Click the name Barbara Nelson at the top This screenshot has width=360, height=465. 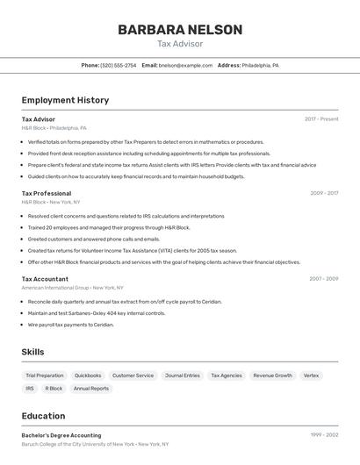point(180,30)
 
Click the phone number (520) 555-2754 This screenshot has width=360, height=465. point(118,65)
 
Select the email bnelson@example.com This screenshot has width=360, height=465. point(185,65)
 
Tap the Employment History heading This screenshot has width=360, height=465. point(65,100)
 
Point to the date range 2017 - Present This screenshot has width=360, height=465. point(321,119)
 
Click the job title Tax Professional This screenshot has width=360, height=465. point(47,193)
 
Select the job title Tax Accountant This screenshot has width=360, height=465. point(45,279)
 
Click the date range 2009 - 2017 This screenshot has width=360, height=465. point(324,193)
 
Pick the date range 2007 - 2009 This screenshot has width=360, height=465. point(323,279)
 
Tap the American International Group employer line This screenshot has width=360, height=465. point(72,288)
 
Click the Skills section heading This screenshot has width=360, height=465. point(32,352)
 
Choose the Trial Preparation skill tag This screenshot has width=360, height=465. point(44,376)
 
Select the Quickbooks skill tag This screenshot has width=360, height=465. point(88,376)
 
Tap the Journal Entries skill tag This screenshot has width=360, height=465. point(183,376)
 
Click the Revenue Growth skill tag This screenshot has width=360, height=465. point(272,376)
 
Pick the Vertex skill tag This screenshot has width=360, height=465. point(312,376)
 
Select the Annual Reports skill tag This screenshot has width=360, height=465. point(91,389)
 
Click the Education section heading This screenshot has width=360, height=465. point(43,416)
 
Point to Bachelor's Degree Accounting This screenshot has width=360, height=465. point(61,435)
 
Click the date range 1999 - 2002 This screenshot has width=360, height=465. point(324,435)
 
